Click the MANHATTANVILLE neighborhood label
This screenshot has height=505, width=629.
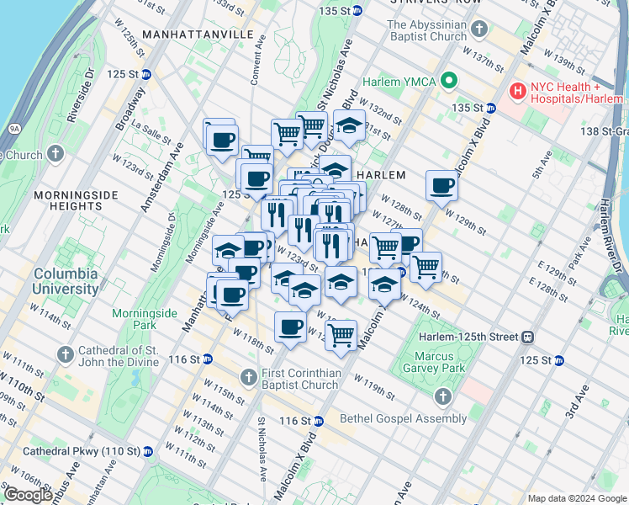(x=198, y=34)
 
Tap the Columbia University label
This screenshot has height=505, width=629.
(x=66, y=282)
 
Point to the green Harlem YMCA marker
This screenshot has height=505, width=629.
(x=450, y=81)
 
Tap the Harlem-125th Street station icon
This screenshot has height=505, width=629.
(x=528, y=337)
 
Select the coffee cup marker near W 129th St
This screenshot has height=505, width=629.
(x=441, y=185)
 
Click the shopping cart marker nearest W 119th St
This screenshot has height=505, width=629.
(x=341, y=334)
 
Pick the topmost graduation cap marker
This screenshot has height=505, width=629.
(x=349, y=125)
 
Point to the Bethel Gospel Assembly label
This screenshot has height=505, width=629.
(x=403, y=418)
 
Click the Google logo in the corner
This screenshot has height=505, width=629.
(x=28, y=495)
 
